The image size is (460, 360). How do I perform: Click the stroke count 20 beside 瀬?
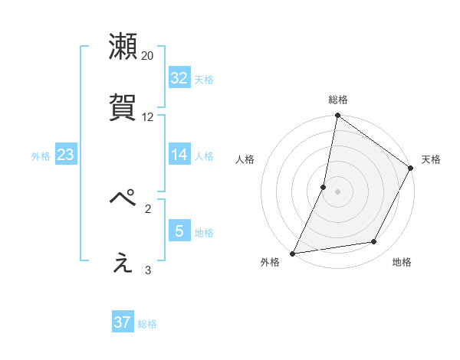148,56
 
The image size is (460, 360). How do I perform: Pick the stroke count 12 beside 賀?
148,117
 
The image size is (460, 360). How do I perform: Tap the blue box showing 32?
179,78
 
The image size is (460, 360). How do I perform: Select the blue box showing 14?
179,155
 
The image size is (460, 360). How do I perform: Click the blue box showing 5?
179,231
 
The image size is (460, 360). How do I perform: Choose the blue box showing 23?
66,155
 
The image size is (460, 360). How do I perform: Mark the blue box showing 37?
123,322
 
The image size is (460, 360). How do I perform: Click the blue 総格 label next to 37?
147,324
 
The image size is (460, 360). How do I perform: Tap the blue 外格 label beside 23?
41,156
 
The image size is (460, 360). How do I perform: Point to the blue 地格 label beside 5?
204,233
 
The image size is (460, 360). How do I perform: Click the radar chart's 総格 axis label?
338,100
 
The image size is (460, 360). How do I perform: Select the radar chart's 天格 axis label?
431,159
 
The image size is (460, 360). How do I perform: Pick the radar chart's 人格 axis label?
245,159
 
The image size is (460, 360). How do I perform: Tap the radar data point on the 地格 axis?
374,242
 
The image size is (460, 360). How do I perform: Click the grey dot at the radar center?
337,191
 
